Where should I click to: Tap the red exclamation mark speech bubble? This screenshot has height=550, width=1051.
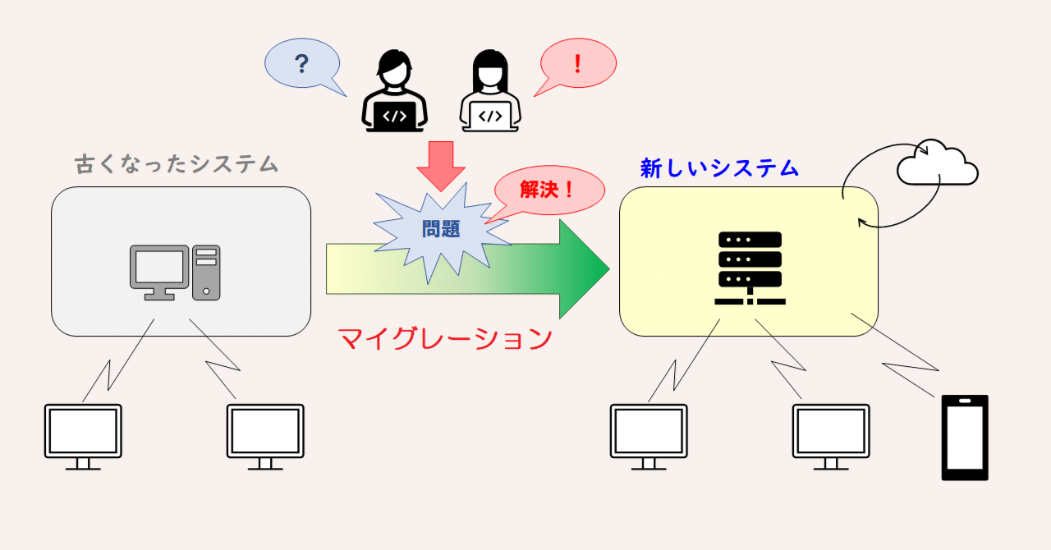tap(578, 63)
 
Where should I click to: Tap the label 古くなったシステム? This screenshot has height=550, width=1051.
tap(177, 164)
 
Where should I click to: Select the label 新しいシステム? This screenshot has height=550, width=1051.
tap(719, 168)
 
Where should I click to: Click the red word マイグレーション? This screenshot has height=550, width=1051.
tap(444, 338)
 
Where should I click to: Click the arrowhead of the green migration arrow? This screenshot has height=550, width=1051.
tap(584, 268)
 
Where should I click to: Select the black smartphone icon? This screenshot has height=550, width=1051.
tap(965, 438)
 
